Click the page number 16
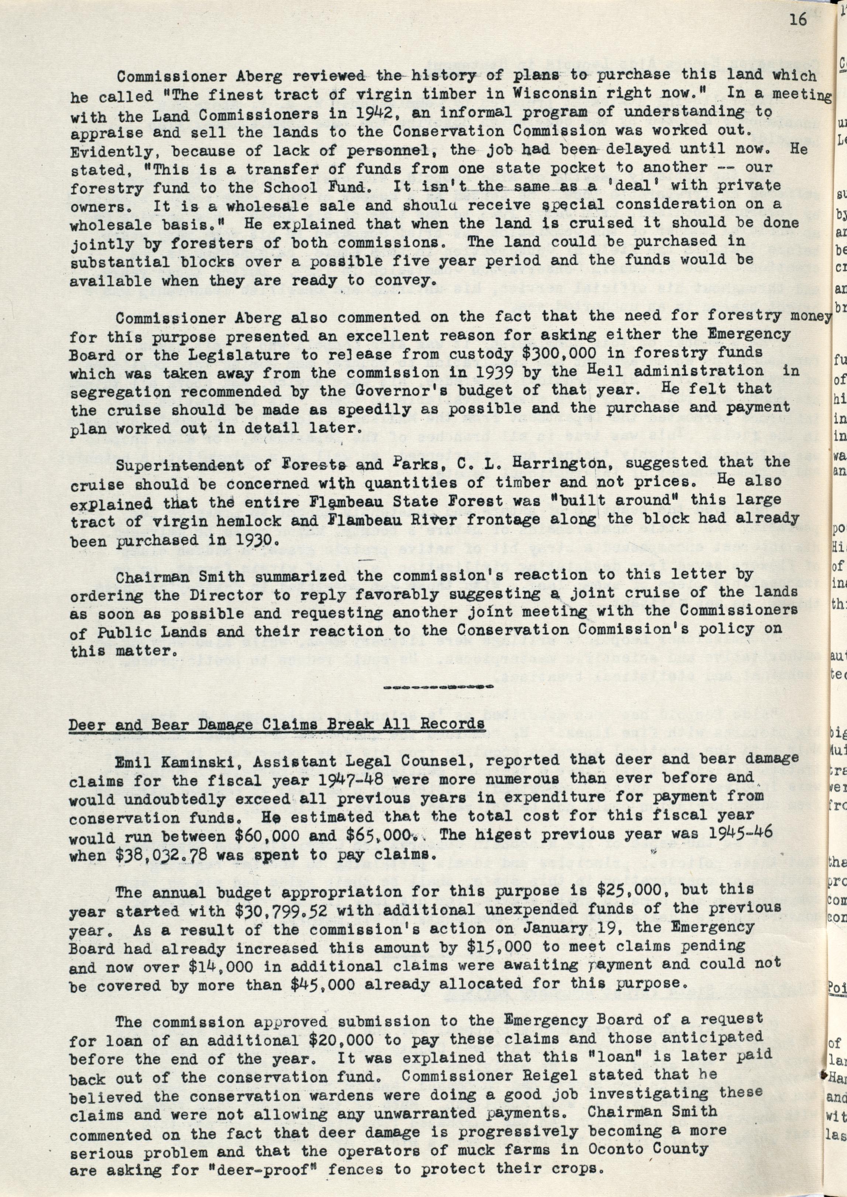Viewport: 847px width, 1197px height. click(x=798, y=20)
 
